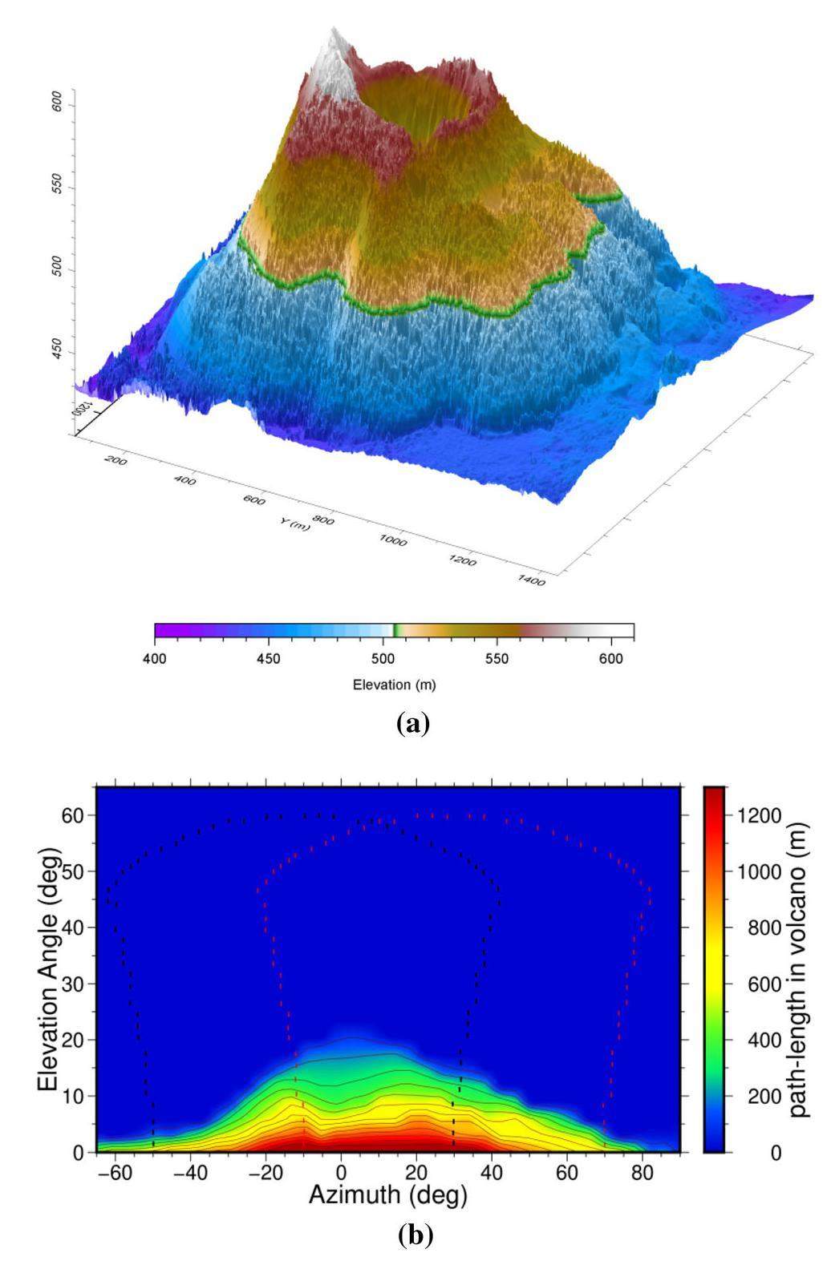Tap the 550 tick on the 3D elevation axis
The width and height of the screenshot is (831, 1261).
[x=58, y=189]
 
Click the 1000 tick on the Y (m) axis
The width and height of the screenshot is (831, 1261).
[x=393, y=541]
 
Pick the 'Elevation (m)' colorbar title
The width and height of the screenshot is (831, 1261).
[x=394, y=685]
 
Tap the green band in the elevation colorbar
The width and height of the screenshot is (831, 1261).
[x=395, y=630]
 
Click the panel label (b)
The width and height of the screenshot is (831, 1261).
[x=415, y=1235]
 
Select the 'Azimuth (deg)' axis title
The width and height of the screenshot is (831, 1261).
[x=388, y=1195]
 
